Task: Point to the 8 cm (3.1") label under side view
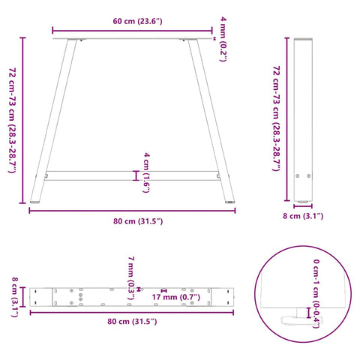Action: (x=304, y=217)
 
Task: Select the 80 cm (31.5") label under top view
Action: (x=132, y=322)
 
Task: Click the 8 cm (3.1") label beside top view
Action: (x=15, y=295)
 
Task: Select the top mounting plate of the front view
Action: (x=132, y=39)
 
